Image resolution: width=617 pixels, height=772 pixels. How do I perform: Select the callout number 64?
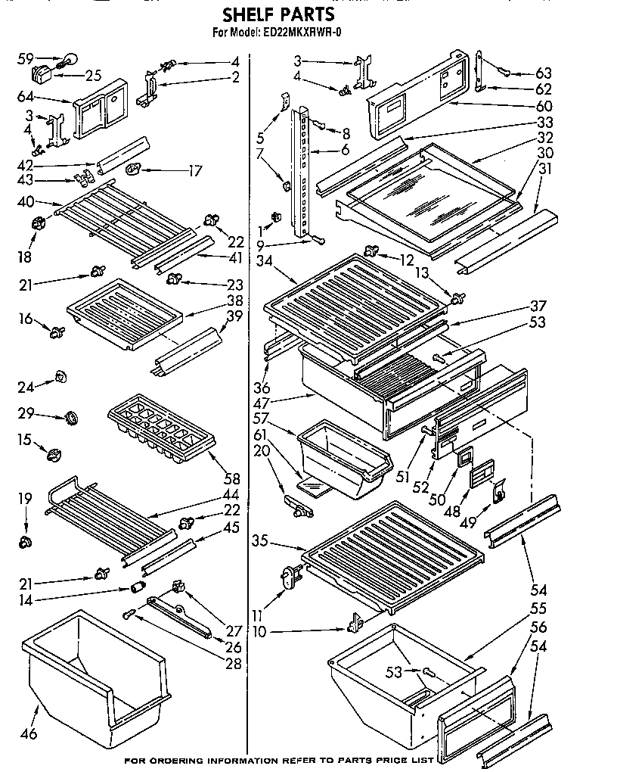tap(26, 96)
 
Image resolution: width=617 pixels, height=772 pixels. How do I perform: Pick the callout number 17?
tap(195, 171)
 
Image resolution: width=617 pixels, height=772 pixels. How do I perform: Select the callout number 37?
tap(538, 306)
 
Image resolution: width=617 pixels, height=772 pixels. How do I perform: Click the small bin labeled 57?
tap(345, 454)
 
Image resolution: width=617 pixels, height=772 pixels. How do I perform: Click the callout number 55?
tap(538, 608)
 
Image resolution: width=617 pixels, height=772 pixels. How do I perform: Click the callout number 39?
tap(234, 316)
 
